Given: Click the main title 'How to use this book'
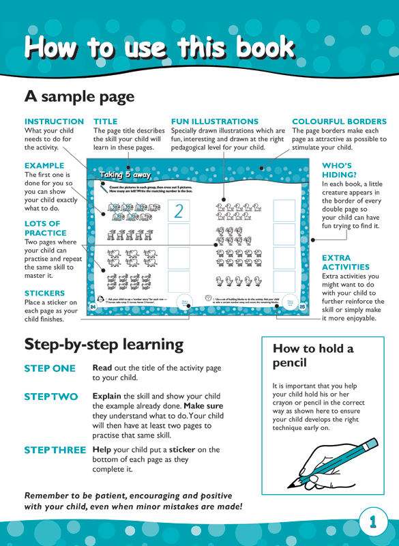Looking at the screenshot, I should pos(160,48).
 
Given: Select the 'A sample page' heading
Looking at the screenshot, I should pos(79,96).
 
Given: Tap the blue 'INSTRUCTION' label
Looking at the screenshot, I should pos(54,121).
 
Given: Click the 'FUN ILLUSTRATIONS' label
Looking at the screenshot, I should pos(214,121).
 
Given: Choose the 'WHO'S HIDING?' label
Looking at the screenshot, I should pos(336,170).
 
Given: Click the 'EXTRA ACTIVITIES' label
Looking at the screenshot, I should pos(345,262).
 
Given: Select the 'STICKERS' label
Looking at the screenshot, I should pos(45,293).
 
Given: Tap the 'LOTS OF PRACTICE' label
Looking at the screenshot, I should pos(42,228).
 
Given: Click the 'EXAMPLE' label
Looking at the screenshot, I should pos(44,165).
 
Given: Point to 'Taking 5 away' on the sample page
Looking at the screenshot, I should pos(125,175).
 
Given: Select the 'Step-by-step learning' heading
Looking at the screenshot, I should pos(104,344).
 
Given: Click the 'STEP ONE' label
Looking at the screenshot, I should pos(50,369).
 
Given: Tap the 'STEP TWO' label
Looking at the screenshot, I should pos(50,397).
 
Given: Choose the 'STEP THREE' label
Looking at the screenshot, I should pos(55,450).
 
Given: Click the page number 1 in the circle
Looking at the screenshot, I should pos(372,522).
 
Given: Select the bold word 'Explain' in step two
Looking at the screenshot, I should pos(107,397).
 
